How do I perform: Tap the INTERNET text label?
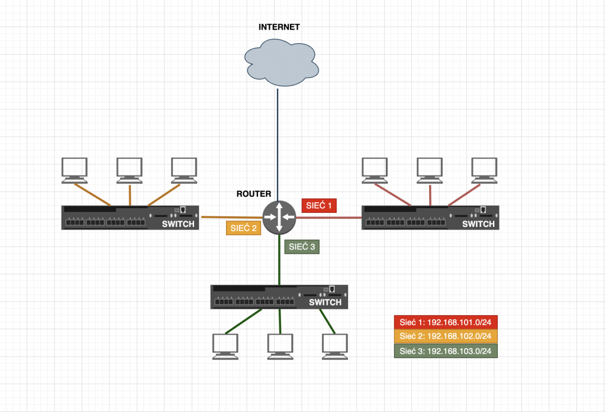point(279,27)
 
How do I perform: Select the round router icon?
point(279,217)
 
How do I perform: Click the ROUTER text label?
point(253,194)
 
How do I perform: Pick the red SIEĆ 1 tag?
point(319,206)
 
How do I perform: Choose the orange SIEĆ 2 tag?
point(243,228)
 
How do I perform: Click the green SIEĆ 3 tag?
point(302,247)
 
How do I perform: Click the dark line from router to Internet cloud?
point(278,142)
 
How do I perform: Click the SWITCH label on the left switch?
point(178,224)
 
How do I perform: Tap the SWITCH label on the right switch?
point(478,224)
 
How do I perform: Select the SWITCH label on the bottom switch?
point(325,302)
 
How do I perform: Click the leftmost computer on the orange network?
point(75,168)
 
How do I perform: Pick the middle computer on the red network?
point(430,168)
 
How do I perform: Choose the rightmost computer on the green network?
point(334,345)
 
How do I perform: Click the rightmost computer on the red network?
point(484,168)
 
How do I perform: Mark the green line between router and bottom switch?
point(279,260)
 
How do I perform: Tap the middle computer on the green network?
point(280,345)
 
